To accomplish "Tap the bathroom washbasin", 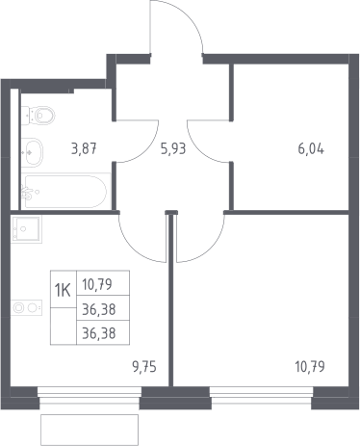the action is coord(32,152).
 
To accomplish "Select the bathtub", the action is coord(65,192).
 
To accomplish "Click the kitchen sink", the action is coord(26,229).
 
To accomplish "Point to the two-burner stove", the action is coord(26,308).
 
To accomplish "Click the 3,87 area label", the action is coord(84,149).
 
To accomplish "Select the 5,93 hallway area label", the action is coord(173,149).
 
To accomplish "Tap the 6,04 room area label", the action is coord(311,149).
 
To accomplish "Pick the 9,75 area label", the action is coord(144,367).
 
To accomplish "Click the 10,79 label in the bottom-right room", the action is coord(310,367).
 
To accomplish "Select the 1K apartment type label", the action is coord(63,291).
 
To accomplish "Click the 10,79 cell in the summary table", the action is coord(97,284).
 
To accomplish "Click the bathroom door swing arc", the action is coord(146,150).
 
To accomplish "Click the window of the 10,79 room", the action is coord(262,395).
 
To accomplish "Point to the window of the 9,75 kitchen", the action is coord(90,395).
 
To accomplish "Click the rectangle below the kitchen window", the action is coord(90,430).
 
